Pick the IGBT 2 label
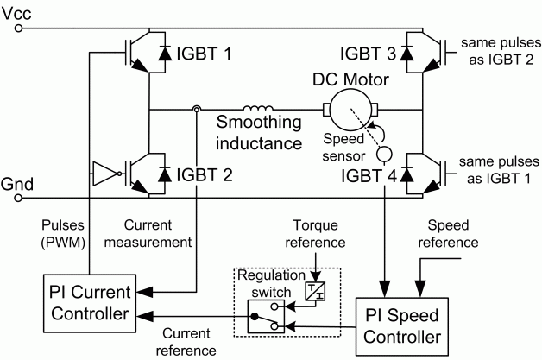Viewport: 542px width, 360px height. (205, 174)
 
